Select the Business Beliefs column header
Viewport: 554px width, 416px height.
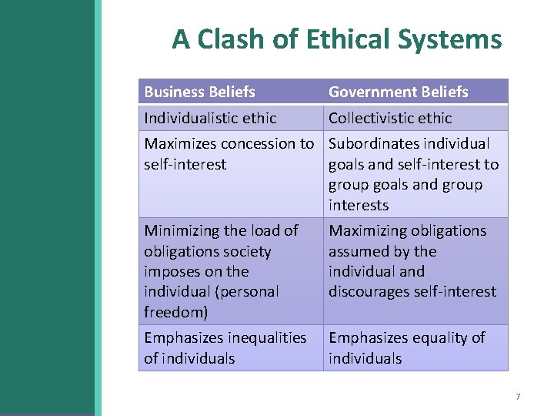pyautogui.click(x=199, y=92)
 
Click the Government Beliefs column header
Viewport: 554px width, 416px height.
pyautogui.click(x=398, y=92)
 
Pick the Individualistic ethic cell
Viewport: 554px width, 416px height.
pyautogui.click(x=210, y=118)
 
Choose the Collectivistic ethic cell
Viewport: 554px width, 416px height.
pyautogui.click(x=390, y=118)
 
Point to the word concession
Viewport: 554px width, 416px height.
pyautogui.click(x=255, y=143)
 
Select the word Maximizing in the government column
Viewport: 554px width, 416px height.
pyautogui.click(x=365, y=230)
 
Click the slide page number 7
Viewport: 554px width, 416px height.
pyautogui.click(x=518, y=397)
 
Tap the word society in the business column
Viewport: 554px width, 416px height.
pyautogui.click(x=247, y=251)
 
